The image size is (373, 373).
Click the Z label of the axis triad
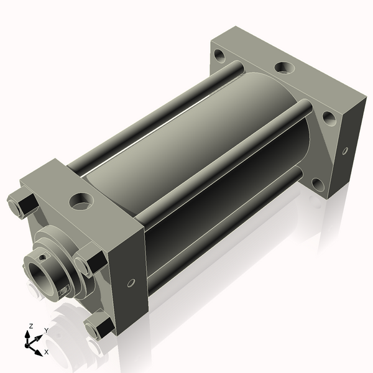(30, 326)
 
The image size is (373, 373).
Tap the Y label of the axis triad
(47, 331)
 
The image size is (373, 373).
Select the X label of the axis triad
(47, 352)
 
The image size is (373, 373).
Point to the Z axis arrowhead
(27, 334)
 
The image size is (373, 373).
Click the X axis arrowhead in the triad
(39, 352)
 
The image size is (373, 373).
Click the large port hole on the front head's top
(81, 201)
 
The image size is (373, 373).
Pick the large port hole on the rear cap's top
(285, 67)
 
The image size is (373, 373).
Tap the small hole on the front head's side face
(131, 283)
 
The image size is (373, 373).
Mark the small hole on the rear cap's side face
(346, 151)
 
